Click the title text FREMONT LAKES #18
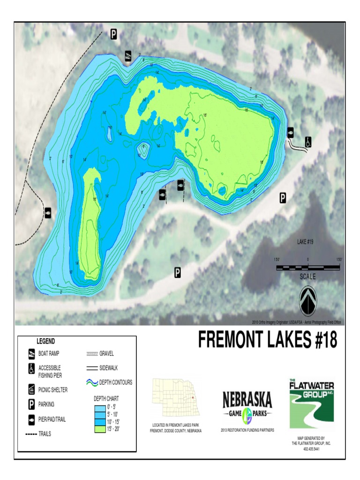(267, 340)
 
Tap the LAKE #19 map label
(307, 242)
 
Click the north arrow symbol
(308, 300)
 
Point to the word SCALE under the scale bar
(307, 277)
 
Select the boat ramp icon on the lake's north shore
(128, 56)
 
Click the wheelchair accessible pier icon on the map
(308, 142)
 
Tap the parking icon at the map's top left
(113, 34)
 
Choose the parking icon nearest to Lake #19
(283, 198)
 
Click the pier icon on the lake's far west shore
(48, 213)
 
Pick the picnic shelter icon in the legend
(32, 390)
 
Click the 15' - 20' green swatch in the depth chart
(100, 428)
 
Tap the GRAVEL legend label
(107, 353)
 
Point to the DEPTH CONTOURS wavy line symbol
(92, 382)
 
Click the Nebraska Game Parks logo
(247, 406)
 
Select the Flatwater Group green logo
(311, 403)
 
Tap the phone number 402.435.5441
(311, 449)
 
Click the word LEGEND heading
(46, 341)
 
